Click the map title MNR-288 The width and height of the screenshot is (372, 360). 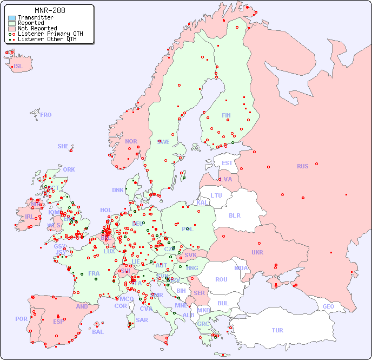[50, 10]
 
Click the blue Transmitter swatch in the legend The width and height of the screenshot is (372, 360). [12, 17]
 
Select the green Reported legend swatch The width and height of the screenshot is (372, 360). [12, 23]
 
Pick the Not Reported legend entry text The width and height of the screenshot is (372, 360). [37, 28]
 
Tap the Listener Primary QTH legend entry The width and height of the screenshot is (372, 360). [46, 34]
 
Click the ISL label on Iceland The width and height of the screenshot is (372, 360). [18, 67]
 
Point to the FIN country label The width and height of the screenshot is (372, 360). [226, 115]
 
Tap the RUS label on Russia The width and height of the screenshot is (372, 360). [302, 166]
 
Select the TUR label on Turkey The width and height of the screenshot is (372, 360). [277, 330]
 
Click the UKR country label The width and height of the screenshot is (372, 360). [257, 252]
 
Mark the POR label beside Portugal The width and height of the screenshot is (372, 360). [21, 319]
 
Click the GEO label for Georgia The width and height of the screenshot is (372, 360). [328, 306]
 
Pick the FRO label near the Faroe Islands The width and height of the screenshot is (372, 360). [46, 115]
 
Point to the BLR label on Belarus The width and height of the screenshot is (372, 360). [234, 215]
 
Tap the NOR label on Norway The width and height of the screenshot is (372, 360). [131, 141]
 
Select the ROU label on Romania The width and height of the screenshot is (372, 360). [221, 279]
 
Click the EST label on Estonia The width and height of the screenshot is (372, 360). [227, 163]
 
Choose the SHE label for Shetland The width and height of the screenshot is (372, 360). [63, 146]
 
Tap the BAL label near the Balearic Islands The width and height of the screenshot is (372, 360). [98, 332]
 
